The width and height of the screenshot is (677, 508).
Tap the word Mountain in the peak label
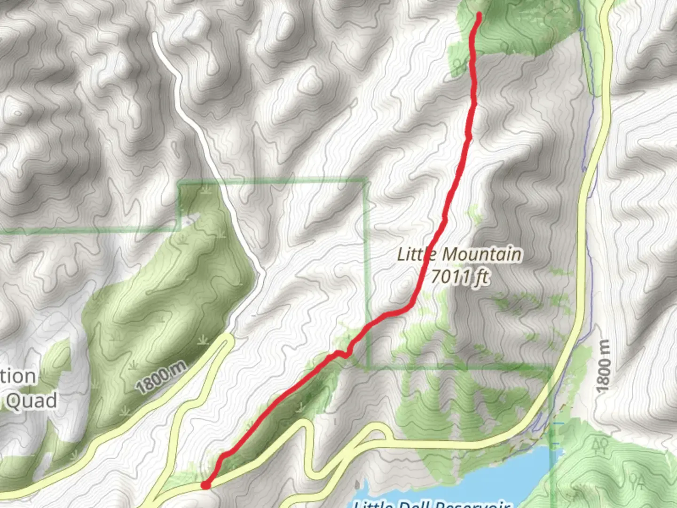tap(482, 254)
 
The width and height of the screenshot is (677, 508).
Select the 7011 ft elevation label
tap(459, 277)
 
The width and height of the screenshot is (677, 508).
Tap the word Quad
tap(31, 401)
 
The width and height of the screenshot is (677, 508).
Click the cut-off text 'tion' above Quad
tap(18, 376)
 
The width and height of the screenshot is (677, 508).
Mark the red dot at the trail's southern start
tap(205, 485)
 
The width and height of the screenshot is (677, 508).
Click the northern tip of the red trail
tap(479, 15)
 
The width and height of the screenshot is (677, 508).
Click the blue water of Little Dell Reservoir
tap(508, 470)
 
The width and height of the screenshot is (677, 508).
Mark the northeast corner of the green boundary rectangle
tap(366, 180)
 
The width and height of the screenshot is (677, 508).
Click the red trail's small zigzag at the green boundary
tap(345, 354)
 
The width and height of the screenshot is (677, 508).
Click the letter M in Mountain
tap(451, 254)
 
